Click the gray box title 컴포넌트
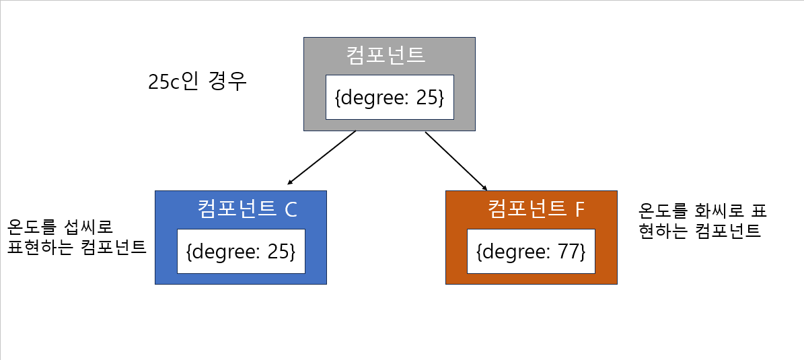386,54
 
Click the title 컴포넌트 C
247,209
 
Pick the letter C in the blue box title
291,209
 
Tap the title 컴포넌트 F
536,209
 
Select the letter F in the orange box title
580,209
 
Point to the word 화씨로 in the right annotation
711,211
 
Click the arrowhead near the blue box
290,182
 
